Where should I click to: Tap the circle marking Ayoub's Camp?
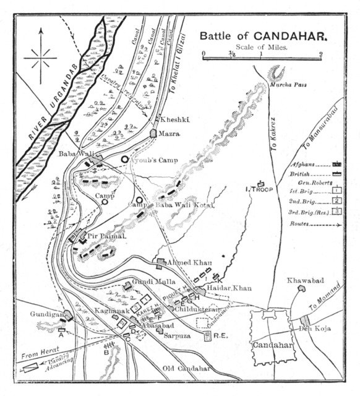[x=125, y=159]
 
